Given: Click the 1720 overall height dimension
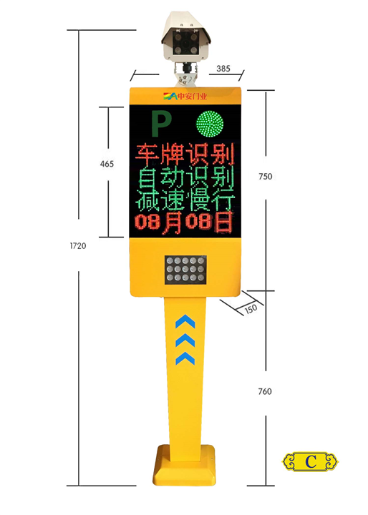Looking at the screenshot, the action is pos(78,245).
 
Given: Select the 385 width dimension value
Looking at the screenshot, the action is pos(223,69).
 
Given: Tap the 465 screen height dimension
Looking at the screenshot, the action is pos(107,164).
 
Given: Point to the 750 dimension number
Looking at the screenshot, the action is pos(266,177).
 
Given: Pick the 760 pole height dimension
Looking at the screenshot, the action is pos(265,391).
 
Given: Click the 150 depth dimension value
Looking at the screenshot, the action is pos(251,309).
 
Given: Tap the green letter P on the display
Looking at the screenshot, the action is pos(161,124).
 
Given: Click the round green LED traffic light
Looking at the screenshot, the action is pos(210,124).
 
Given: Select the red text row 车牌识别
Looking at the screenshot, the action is pos(185,154).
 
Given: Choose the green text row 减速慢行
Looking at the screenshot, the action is pos(185,200).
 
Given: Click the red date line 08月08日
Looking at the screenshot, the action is pos(185,222).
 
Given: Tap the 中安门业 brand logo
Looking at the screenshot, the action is pos(185,97).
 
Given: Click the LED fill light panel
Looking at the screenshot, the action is pos(185,270).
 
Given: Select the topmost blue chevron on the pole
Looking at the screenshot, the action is pos(185,321).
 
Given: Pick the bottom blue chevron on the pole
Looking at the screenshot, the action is pos(185,358).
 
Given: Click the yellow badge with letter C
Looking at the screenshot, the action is pos(310,461).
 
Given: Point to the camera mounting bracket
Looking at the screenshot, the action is pos(186,74).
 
